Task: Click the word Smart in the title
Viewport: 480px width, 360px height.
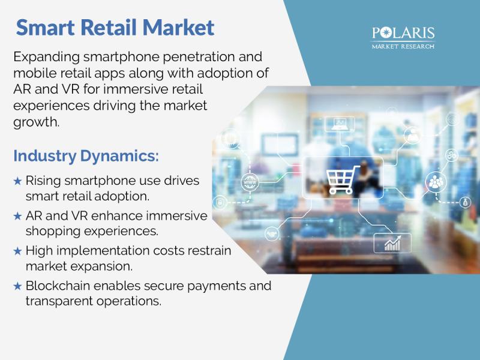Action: pos(46,28)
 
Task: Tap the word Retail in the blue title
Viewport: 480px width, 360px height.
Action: pos(109,28)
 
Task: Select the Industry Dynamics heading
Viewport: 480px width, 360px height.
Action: pos(86,156)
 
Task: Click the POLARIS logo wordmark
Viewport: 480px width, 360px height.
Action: pos(403,33)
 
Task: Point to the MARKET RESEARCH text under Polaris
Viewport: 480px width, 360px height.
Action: pos(403,47)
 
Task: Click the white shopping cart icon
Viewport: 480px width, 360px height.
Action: pos(342,179)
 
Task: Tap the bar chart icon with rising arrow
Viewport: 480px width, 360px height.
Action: pos(392,244)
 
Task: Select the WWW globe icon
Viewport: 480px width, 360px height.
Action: pos(250,182)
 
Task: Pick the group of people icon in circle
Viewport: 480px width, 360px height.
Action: pos(436,182)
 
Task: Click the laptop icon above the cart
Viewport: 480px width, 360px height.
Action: pos(340,124)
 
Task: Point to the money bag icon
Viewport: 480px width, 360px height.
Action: pos(466,202)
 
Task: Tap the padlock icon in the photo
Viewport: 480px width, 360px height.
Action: pos(220,202)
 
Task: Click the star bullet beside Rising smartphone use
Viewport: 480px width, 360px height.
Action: pos(18,181)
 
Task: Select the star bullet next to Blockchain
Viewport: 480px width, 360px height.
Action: pos(18,286)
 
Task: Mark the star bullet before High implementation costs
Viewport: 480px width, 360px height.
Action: pos(18,251)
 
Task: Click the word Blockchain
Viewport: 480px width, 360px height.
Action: pos(58,286)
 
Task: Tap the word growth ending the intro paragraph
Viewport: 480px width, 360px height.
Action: pos(35,122)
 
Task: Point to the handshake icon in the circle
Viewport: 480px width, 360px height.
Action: pos(272,234)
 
